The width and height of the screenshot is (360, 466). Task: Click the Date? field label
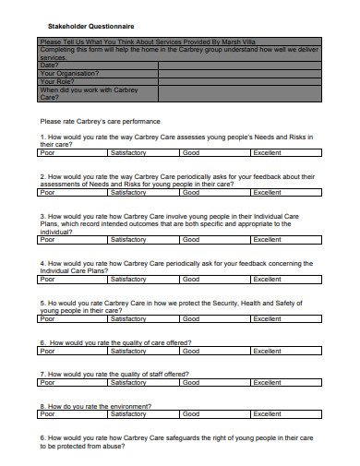point(49,66)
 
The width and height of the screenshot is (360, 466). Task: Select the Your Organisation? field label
point(67,73)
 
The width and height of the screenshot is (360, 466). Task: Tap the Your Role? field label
point(57,81)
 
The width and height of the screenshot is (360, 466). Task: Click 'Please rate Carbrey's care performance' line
point(101,121)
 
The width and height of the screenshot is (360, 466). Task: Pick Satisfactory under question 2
point(128,193)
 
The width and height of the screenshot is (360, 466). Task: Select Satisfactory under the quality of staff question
point(128,382)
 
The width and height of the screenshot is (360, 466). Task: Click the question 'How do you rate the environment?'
point(102,406)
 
